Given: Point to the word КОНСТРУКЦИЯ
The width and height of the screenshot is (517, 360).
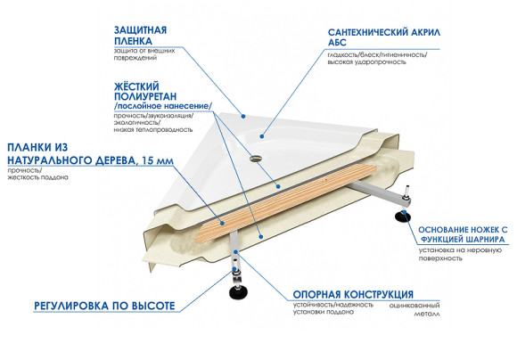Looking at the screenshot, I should [372, 295].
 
